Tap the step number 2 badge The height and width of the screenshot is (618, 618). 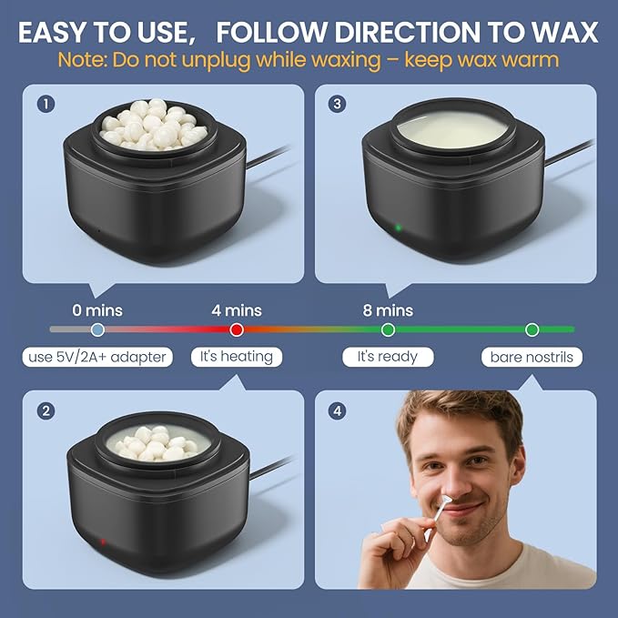(46, 411)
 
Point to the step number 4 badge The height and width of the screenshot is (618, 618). (339, 411)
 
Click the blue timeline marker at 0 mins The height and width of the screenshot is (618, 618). (97, 329)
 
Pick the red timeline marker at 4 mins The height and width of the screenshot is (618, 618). (237, 329)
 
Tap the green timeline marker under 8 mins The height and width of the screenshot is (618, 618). (388, 329)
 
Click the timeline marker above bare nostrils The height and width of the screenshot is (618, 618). (532, 329)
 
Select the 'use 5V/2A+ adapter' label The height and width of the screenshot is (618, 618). (97, 357)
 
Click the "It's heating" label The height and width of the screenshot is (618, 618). (236, 356)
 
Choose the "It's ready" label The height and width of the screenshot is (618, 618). (387, 356)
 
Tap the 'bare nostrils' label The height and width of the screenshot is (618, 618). (532, 357)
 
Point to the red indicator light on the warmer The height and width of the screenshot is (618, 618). (102, 542)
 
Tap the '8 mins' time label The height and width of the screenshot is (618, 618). (388, 310)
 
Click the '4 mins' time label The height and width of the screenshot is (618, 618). (237, 310)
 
